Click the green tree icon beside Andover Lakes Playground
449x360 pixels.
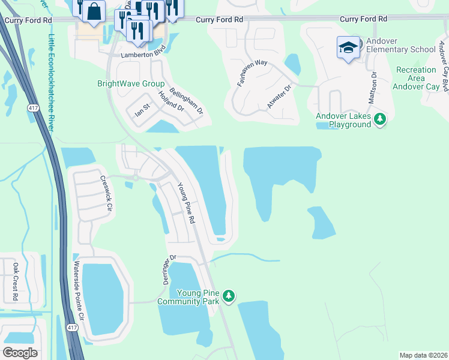coord(379,120)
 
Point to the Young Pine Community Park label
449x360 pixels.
coord(188,297)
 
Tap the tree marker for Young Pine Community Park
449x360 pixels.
coord(228,296)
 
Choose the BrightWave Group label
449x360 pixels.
coord(131,83)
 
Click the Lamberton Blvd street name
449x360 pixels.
coord(142,55)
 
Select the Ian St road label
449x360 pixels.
coord(141,112)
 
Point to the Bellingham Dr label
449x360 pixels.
coord(187,101)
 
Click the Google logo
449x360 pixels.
coord(20,353)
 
